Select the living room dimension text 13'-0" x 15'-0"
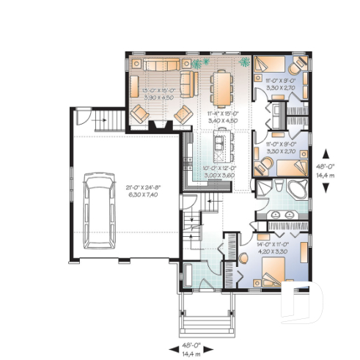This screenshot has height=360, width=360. [158, 91]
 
